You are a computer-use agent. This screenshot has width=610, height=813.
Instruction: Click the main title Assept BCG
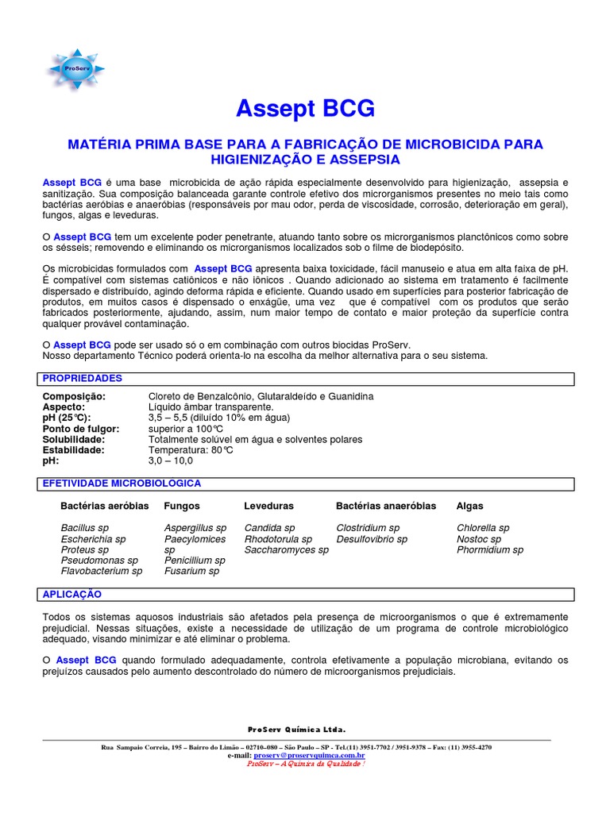coord(306,109)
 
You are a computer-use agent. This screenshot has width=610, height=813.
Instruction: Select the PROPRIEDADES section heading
coord(83,379)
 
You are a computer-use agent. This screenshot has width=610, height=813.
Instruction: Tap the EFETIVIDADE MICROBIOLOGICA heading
coord(122,484)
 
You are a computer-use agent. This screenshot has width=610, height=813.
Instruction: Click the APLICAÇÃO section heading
coord(72,595)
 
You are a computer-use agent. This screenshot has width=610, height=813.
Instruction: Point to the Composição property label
coord(73,396)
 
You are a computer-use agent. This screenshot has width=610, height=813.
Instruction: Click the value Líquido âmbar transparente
coord(210,406)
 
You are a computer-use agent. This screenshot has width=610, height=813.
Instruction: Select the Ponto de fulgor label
coord(81,429)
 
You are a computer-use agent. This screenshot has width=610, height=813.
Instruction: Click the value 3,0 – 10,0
coord(170,460)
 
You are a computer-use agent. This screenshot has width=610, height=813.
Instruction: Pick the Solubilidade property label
coord(74,439)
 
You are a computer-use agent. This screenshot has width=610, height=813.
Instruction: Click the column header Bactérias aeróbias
coord(105,506)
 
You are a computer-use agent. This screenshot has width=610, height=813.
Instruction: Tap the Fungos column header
coord(182,506)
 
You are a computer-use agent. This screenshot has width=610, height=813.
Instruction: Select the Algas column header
coord(470,506)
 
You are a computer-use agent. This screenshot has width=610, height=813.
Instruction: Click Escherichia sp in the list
coord(93,539)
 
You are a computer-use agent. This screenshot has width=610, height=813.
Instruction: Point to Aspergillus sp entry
coord(195,528)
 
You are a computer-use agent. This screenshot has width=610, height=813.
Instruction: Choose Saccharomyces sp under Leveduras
coord(286,549)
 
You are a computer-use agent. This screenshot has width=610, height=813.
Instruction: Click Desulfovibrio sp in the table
coord(372,539)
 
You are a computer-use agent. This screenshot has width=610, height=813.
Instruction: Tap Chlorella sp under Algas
coord(483,528)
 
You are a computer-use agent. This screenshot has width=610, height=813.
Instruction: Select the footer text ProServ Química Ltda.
coord(296,729)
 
